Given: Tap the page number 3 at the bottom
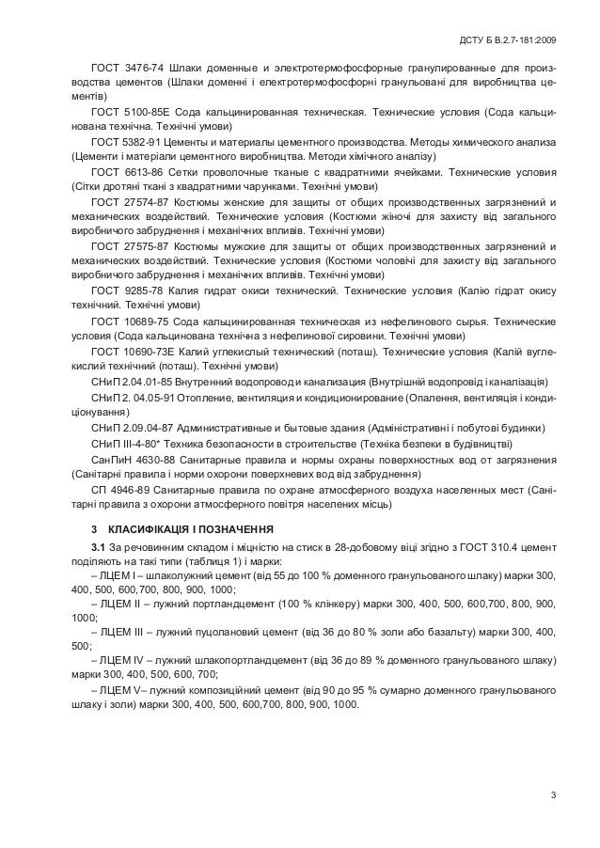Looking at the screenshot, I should click(554, 798).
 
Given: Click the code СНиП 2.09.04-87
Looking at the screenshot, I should click(132, 426).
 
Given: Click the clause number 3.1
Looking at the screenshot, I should click(98, 547).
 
